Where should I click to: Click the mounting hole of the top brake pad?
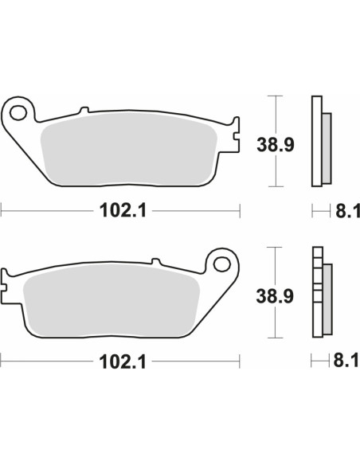[x=18, y=113]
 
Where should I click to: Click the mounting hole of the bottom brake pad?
[x=221, y=264]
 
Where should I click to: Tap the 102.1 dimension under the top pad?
[x=123, y=211]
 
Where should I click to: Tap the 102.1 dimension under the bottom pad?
[x=123, y=362]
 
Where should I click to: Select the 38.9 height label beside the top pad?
[x=276, y=145]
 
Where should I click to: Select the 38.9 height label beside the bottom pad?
[x=275, y=296]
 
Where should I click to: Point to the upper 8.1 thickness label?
[x=347, y=211]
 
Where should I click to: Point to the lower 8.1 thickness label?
[x=346, y=361]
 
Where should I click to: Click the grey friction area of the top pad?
[x=129, y=150]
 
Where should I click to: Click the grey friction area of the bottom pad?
[x=112, y=301]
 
